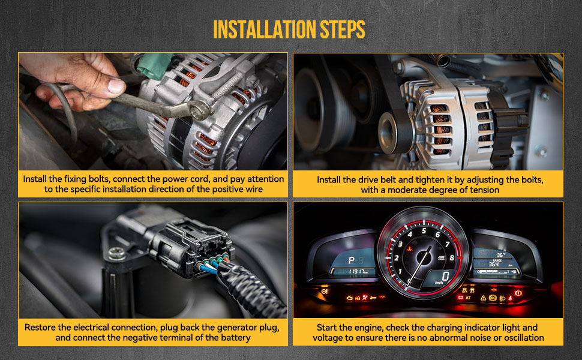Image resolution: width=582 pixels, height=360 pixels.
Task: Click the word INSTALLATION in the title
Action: coord(265,29)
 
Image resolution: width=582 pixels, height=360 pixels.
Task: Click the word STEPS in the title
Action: coord(343,29)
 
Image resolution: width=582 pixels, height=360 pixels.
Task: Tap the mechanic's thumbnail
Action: coord(116,86)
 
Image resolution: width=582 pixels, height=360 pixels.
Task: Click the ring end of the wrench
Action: coord(201,110)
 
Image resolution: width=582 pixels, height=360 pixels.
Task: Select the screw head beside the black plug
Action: coord(117,254)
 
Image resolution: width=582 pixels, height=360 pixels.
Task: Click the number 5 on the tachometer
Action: coord(424,231)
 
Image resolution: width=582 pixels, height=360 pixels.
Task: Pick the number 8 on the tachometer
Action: coord(452,257)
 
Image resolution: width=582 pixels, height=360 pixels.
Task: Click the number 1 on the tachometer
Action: coord(400,272)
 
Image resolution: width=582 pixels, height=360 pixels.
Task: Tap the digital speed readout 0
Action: coord(445,276)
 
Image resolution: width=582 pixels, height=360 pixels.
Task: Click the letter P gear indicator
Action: coord(351,260)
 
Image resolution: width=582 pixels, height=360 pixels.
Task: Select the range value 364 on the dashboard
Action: coord(494,264)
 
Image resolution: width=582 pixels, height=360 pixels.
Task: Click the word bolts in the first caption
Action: coord(99,179)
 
